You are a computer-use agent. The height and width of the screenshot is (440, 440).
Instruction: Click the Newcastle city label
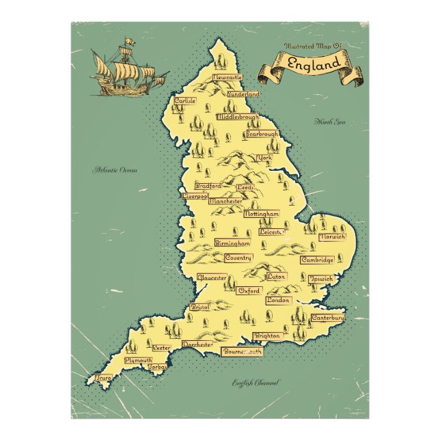click(229, 78)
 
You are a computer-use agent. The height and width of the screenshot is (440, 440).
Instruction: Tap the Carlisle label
click(185, 100)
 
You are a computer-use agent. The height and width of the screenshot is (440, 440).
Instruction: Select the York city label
click(265, 158)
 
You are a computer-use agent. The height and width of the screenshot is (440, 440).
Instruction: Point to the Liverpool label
click(195, 196)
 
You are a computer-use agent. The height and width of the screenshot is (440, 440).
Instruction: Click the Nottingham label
click(262, 214)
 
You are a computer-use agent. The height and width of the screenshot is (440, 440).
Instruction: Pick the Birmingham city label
click(232, 243)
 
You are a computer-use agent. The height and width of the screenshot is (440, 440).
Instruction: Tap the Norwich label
click(333, 236)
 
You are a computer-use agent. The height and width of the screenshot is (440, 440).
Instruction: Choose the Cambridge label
click(318, 260)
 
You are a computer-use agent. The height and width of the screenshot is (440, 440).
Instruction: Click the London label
click(279, 301)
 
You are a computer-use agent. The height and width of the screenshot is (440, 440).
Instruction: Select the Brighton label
click(267, 336)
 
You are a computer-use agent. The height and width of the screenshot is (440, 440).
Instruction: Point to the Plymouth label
click(138, 359)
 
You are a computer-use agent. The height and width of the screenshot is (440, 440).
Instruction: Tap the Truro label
click(104, 377)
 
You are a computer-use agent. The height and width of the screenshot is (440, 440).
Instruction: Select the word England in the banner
click(314, 65)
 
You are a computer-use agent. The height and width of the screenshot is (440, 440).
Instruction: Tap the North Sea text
click(330, 122)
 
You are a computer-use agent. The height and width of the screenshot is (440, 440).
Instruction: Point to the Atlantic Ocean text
click(115, 169)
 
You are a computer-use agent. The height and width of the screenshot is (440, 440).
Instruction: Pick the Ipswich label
click(321, 279)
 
